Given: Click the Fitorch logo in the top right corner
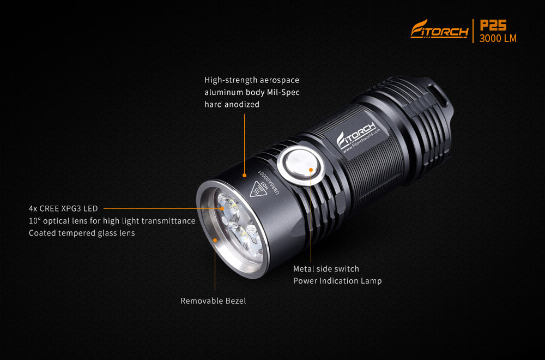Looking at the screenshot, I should coord(439,29).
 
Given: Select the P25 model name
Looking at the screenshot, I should coord(494,26).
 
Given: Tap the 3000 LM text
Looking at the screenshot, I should coord(498,39).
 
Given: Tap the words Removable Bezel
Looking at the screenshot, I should coord(213,301).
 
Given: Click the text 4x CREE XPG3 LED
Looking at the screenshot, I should coord(63,208).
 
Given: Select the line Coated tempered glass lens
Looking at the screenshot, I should coord(82,233).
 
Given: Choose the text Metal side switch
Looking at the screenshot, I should coord(326,269).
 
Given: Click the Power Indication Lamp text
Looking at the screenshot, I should coord(337,281).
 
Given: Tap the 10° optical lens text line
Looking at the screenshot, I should coord(112,221).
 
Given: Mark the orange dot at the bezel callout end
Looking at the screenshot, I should coord(215,239).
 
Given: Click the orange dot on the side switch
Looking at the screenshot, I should coord(311,170).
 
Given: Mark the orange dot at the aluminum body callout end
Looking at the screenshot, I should coord(245,175).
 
